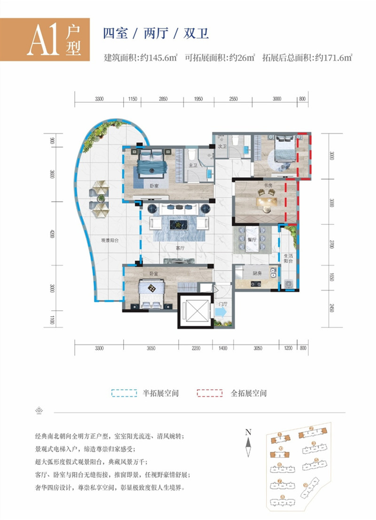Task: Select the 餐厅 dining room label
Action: pyautogui.click(x=252, y=239)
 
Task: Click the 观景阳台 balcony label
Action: pyautogui.click(x=109, y=241)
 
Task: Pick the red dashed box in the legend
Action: pyautogui.click(x=210, y=393)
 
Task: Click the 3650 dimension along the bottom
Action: pyautogui.click(x=151, y=348)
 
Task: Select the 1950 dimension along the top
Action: pyautogui.click(x=198, y=99)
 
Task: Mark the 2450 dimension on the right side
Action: pyautogui.click(x=331, y=309)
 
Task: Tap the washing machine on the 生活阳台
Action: pyautogui.click(x=289, y=284)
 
